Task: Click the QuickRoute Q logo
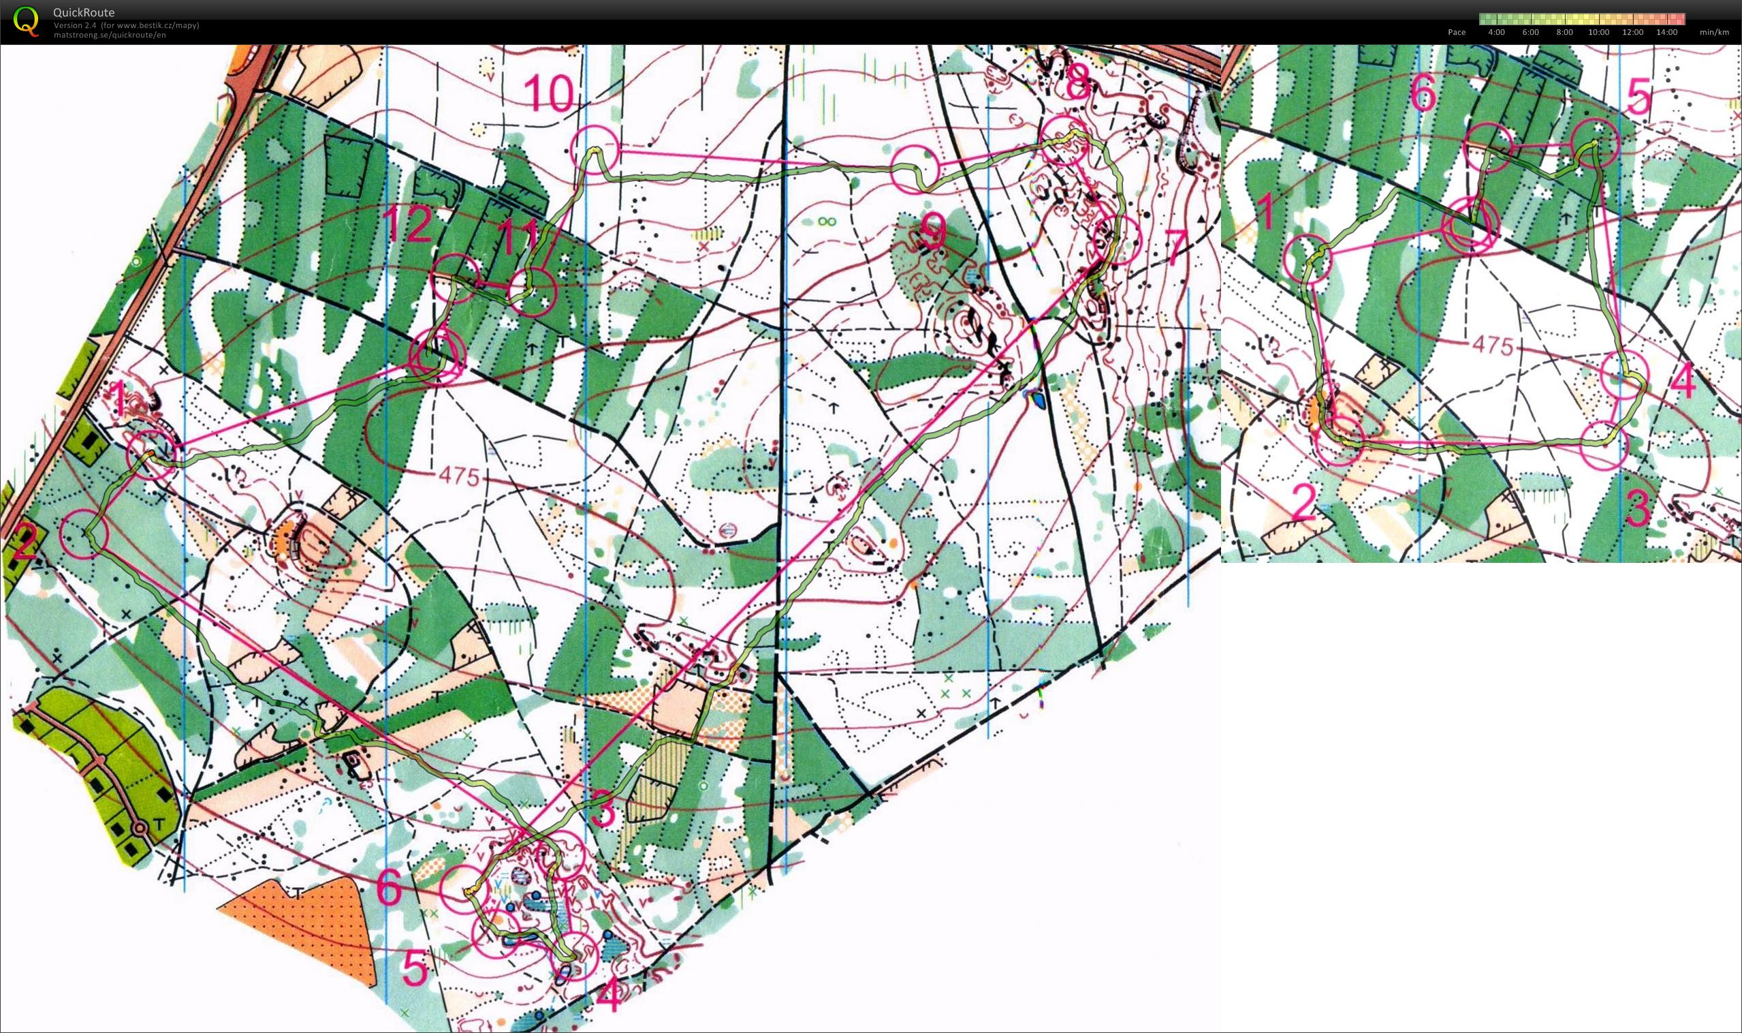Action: [x=26, y=21]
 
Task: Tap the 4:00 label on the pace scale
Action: [x=1495, y=32]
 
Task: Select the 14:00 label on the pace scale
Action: [x=1666, y=32]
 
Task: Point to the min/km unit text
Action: [x=1714, y=32]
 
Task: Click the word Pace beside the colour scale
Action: [x=1456, y=32]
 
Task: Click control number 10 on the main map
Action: [x=550, y=93]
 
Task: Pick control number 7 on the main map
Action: [x=1175, y=248]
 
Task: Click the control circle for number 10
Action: [x=595, y=149]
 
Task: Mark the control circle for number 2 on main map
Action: [x=85, y=534]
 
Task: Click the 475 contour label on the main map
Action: [x=459, y=476]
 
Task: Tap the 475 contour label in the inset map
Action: [x=1492, y=345]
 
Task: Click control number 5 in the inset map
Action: [x=1638, y=97]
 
